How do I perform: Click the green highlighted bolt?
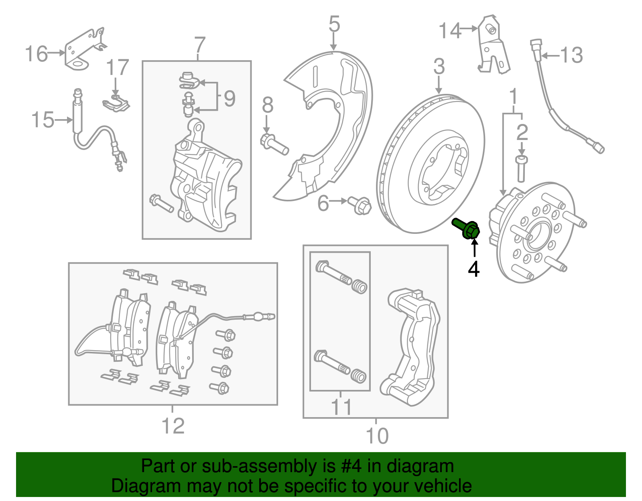click(x=467, y=229)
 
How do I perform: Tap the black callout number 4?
click(x=474, y=269)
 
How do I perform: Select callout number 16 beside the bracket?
click(x=36, y=54)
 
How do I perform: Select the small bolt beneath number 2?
click(x=521, y=168)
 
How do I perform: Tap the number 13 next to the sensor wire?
click(x=571, y=55)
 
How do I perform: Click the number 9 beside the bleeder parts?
click(x=230, y=98)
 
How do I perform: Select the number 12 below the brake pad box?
click(x=173, y=426)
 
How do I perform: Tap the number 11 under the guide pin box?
click(x=341, y=407)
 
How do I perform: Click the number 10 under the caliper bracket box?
click(x=377, y=436)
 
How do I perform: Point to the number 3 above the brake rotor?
click(x=439, y=66)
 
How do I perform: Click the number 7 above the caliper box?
click(x=200, y=45)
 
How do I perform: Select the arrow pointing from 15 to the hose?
click(x=64, y=120)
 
